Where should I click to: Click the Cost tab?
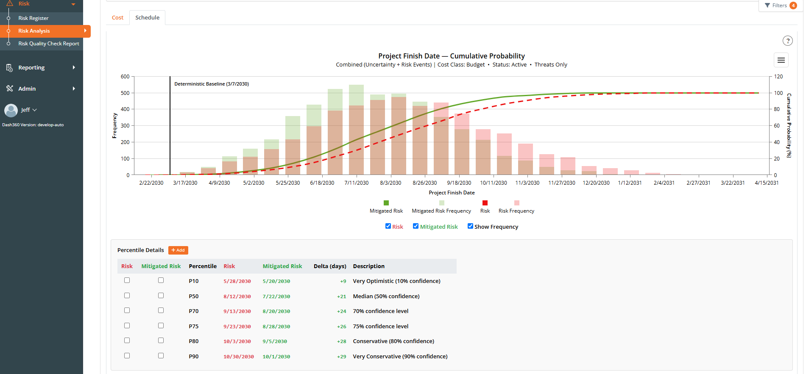pyautogui.click(x=117, y=18)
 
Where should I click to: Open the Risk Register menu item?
pyautogui.click(x=33, y=18)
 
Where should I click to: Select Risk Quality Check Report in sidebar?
pyautogui.click(x=48, y=44)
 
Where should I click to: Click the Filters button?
pyautogui.click(x=779, y=6)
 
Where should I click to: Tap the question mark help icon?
pyautogui.click(x=787, y=41)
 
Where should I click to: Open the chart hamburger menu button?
pyautogui.click(x=781, y=60)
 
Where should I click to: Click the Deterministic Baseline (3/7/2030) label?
pyautogui.click(x=212, y=84)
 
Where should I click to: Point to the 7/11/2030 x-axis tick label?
pyautogui.click(x=357, y=183)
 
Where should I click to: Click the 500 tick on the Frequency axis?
pyautogui.click(x=125, y=93)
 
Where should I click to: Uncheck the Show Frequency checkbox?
pyautogui.click(x=470, y=226)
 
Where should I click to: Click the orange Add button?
pyautogui.click(x=178, y=250)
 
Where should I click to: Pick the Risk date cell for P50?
pyautogui.click(x=237, y=296)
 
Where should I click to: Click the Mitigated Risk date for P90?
pyautogui.click(x=276, y=357)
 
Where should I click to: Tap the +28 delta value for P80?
pyautogui.click(x=341, y=341)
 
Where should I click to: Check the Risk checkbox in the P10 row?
pyautogui.click(x=127, y=280)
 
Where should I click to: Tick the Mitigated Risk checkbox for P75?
pyautogui.click(x=161, y=326)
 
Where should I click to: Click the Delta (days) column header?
pyautogui.click(x=330, y=266)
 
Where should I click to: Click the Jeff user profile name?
pyautogui.click(x=25, y=110)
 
